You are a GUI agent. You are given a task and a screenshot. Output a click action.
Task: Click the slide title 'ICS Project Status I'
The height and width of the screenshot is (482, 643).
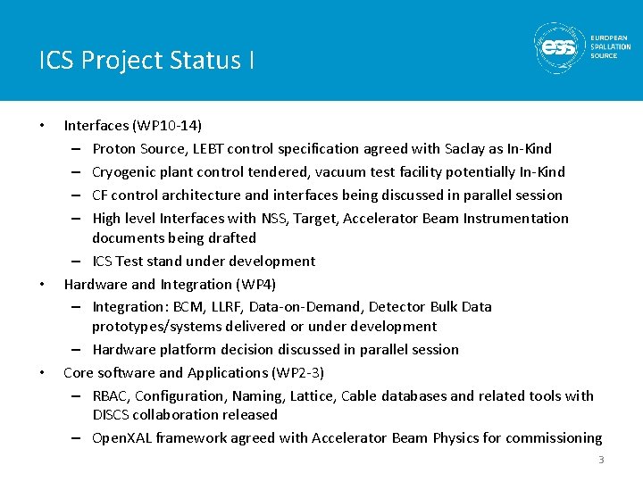146,61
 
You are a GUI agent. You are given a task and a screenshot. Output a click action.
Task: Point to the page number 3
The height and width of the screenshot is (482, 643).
601,460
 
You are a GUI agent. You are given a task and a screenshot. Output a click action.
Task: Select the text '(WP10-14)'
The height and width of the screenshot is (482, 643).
171,126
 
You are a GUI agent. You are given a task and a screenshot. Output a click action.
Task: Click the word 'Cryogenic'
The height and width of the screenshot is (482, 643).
125,171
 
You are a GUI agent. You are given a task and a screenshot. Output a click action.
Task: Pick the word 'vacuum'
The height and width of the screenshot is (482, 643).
359,171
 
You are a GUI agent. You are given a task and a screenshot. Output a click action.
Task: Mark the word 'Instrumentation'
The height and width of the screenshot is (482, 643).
519,218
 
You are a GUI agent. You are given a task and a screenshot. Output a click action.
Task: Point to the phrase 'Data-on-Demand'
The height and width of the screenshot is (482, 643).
312,306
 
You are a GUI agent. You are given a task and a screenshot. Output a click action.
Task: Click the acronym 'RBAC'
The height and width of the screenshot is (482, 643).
112,395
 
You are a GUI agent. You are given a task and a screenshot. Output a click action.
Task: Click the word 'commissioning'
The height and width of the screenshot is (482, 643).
555,437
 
